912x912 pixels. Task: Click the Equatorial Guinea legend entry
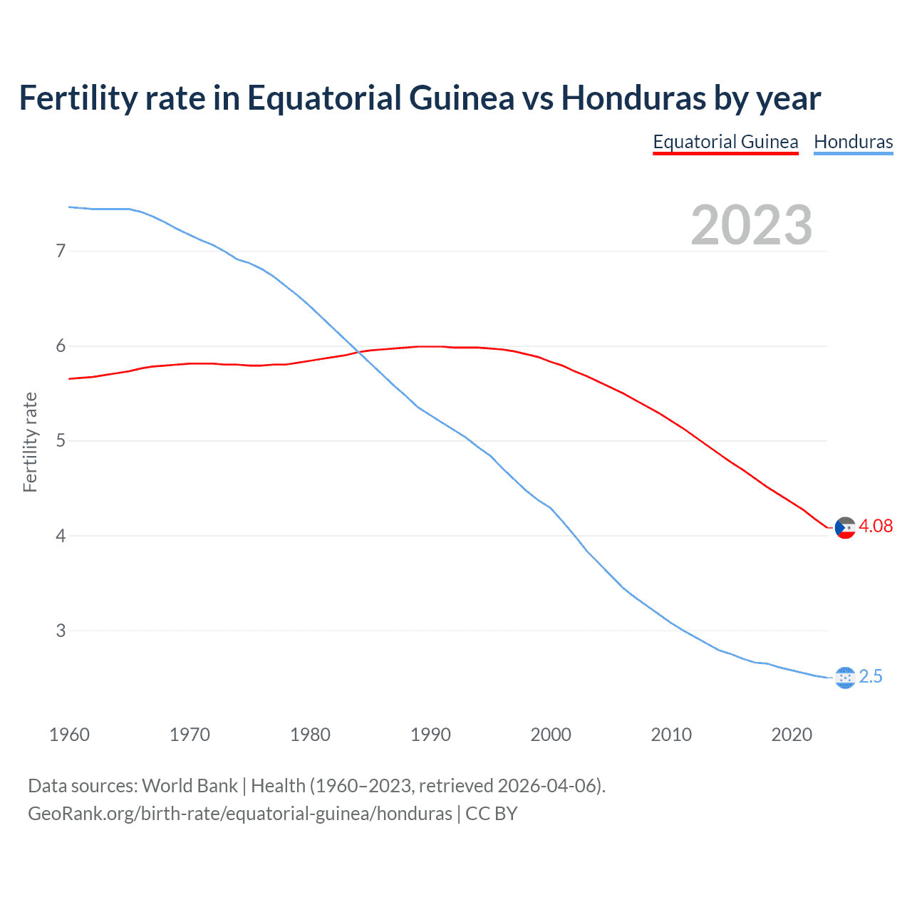tap(725, 142)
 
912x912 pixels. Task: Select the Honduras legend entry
tap(853, 142)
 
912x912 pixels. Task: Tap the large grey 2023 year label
tap(751, 225)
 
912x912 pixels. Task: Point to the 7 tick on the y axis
tap(61, 251)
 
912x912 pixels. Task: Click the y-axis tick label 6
tap(61, 346)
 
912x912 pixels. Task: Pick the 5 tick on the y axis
tap(61, 441)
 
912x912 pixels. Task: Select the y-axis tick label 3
tap(61, 631)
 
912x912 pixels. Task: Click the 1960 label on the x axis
tap(69, 735)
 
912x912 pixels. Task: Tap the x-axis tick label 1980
tap(310, 735)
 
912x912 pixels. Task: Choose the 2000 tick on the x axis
tap(551, 735)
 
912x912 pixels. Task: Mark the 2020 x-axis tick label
tap(792, 735)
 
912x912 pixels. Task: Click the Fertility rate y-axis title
tap(30, 442)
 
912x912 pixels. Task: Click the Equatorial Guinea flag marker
tap(845, 528)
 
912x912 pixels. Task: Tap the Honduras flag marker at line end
tap(845, 678)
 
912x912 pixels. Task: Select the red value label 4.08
tap(876, 527)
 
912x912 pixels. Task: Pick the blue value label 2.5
tap(871, 677)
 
